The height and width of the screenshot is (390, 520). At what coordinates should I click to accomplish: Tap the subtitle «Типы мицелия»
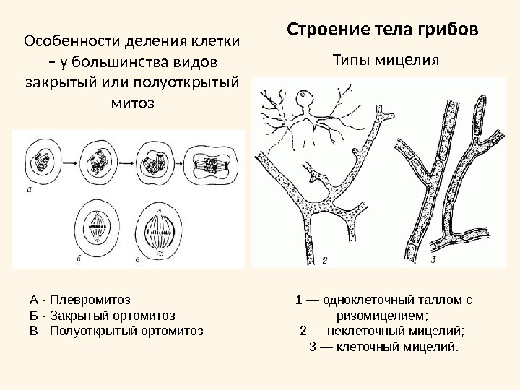385,59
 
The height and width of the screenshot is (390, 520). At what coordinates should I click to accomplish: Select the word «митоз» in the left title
131,103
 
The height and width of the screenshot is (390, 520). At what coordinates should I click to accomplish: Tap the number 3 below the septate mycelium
433,258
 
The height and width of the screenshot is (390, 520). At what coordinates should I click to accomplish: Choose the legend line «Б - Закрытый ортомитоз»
102,315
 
